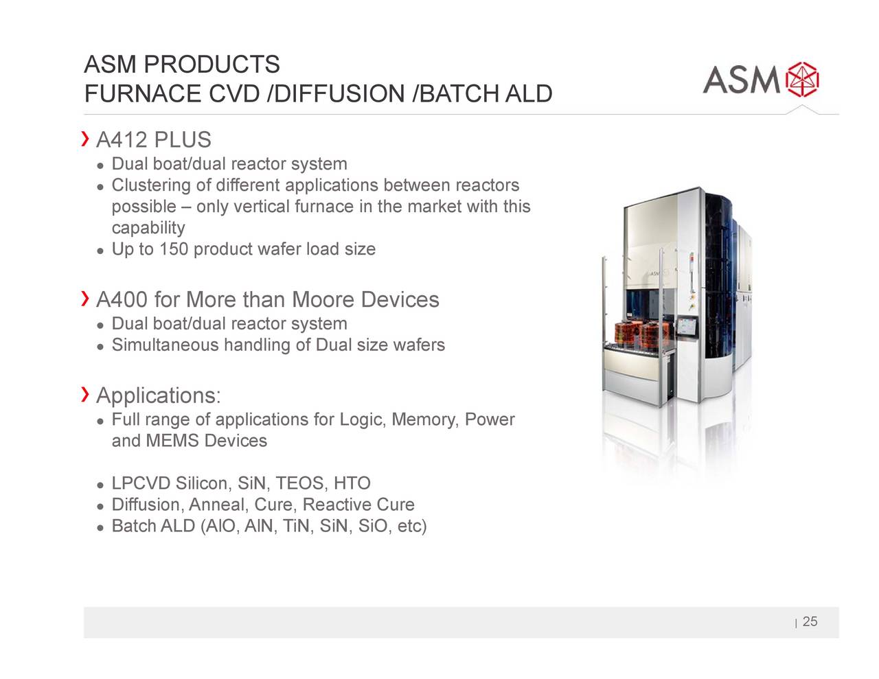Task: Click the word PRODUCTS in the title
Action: pos(212,65)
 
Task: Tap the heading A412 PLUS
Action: pos(154,140)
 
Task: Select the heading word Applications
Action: pos(157,395)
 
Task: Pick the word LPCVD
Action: pos(141,484)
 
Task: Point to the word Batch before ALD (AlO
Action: pos(133,527)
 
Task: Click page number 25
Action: pos(810,622)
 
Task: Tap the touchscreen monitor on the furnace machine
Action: pos(685,327)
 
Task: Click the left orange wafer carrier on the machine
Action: pos(626,335)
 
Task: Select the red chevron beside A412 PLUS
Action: pos(86,139)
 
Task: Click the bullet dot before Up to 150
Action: pos(101,250)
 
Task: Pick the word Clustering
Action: pos(150,185)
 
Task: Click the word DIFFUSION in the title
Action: pos(339,93)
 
